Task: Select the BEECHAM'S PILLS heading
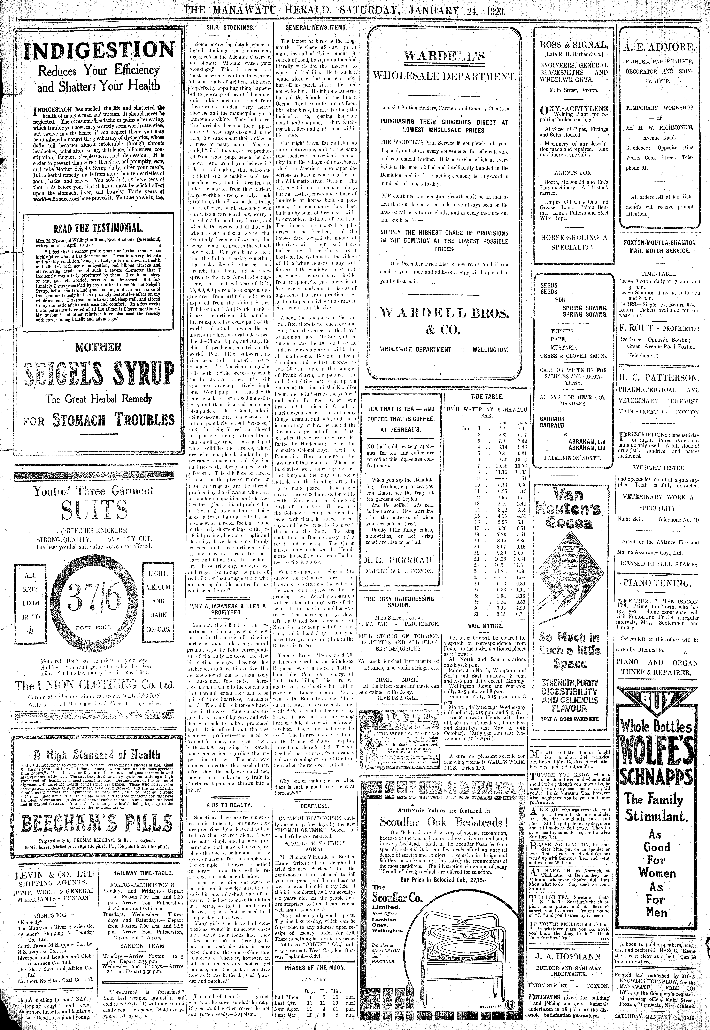tap(99, 823)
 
